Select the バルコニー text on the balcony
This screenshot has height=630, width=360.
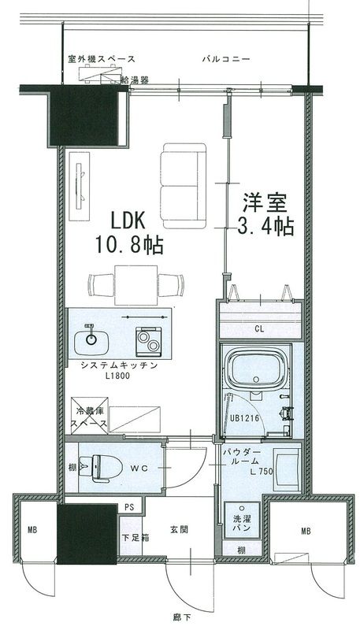click(x=225, y=59)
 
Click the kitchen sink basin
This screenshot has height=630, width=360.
click(x=92, y=340)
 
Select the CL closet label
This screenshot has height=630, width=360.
click(x=258, y=328)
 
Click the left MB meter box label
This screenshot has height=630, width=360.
click(x=32, y=530)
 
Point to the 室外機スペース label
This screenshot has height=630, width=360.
click(x=102, y=59)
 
